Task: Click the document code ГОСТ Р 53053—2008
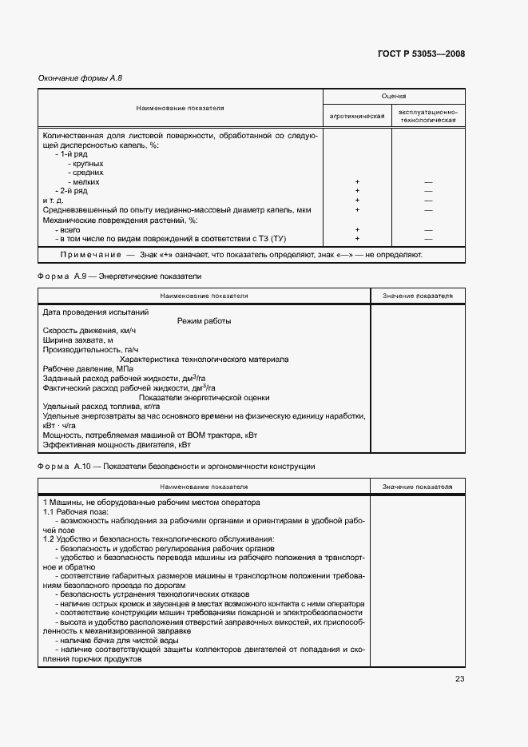click(420, 54)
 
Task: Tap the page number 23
click(459, 679)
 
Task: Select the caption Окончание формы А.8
click(80, 78)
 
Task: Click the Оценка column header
click(394, 95)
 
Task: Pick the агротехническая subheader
click(357, 116)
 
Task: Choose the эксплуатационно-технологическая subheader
click(428, 116)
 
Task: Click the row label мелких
click(85, 182)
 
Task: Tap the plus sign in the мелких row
click(357, 182)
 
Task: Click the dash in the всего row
click(428, 229)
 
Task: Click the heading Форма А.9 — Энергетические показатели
click(120, 276)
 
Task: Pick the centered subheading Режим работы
click(204, 321)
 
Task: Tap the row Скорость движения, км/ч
click(89, 331)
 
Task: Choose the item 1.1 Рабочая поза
click(73, 511)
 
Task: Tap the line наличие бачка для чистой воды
click(110, 641)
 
